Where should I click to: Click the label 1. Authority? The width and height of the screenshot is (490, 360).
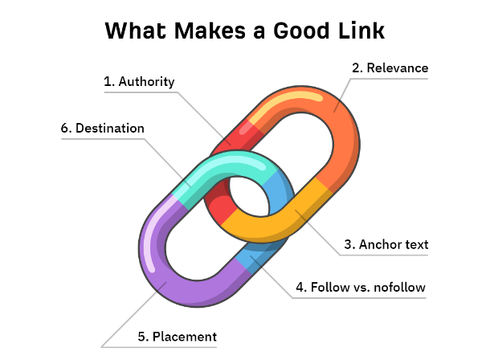click(139, 82)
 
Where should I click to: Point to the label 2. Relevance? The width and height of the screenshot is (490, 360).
click(390, 67)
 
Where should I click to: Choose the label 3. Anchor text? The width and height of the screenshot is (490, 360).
click(382, 245)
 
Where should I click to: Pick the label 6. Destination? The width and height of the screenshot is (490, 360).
click(103, 129)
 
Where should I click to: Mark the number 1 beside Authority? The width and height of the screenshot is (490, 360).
click(108, 82)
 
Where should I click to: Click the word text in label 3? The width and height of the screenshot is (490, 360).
click(414, 245)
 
